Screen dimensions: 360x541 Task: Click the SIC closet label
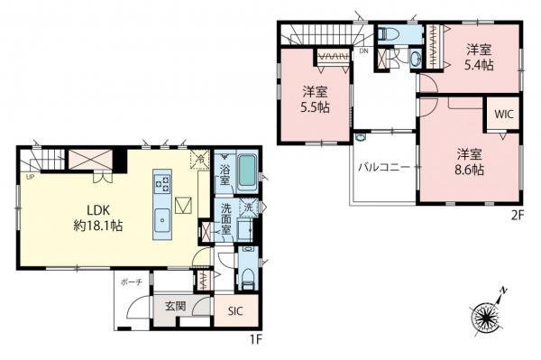point(235,311)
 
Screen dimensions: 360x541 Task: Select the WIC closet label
point(500,116)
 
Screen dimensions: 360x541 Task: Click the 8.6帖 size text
point(469,169)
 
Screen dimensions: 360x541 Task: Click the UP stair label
point(30,178)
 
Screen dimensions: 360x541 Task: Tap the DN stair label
point(362,51)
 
